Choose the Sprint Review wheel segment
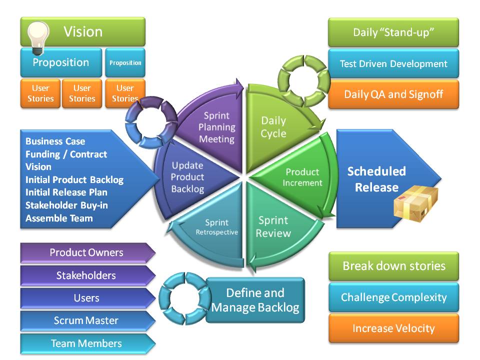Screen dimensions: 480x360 275,226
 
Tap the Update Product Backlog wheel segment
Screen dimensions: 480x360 190,177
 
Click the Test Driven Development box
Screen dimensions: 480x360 393,63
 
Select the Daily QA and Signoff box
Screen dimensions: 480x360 393,94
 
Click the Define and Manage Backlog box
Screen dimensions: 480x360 255,300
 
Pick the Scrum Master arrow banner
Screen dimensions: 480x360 87,320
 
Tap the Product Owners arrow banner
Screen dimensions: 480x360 87,252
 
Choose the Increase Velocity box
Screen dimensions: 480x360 393,328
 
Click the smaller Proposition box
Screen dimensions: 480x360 125,62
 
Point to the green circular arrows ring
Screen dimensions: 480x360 304,81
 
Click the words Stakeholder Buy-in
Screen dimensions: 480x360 66,205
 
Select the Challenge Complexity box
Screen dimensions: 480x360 393,297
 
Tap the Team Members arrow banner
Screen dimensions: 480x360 87,343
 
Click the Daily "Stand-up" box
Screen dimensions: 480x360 393,32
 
